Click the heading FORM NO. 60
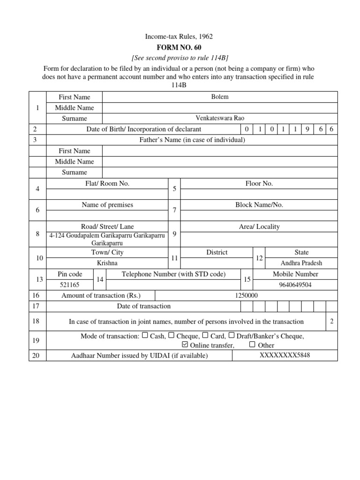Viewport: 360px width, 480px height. point(180,47)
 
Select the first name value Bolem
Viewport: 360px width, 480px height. point(220,97)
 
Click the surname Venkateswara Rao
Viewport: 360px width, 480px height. point(220,118)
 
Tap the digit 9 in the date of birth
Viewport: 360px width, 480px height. point(307,129)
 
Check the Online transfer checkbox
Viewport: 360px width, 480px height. point(184,345)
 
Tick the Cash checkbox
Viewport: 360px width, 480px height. point(145,335)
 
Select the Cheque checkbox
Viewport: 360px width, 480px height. point(172,335)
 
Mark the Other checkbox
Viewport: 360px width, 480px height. point(253,345)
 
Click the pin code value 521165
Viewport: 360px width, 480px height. point(70,285)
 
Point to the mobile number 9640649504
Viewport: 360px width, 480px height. point(295,285)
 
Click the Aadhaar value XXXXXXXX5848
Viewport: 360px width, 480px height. point(285,355)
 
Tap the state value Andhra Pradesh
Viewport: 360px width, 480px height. point(301,263)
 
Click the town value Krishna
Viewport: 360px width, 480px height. point(107,263)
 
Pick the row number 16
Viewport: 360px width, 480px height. point(37,295)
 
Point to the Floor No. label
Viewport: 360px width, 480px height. point(259,183)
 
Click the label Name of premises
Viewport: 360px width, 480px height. point(107,205)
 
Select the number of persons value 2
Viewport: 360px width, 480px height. point(331,321)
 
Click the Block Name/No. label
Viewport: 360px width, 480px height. point(259,205)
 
